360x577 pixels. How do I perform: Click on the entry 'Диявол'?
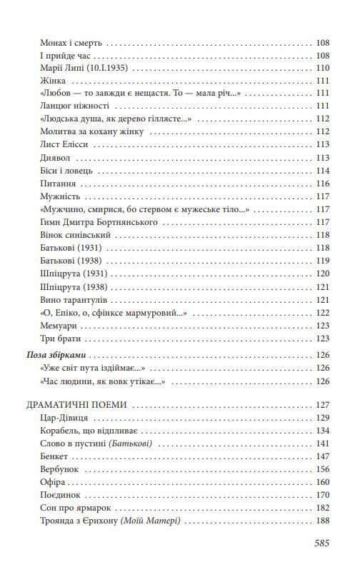coord(58,158)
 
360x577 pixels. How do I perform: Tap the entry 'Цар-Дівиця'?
coord(69,418)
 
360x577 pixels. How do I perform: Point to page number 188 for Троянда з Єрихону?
coord(322,521)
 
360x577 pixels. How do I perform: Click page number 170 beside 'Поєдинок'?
coord(322,495)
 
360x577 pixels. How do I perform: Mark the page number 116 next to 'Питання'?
coord(322,184)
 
